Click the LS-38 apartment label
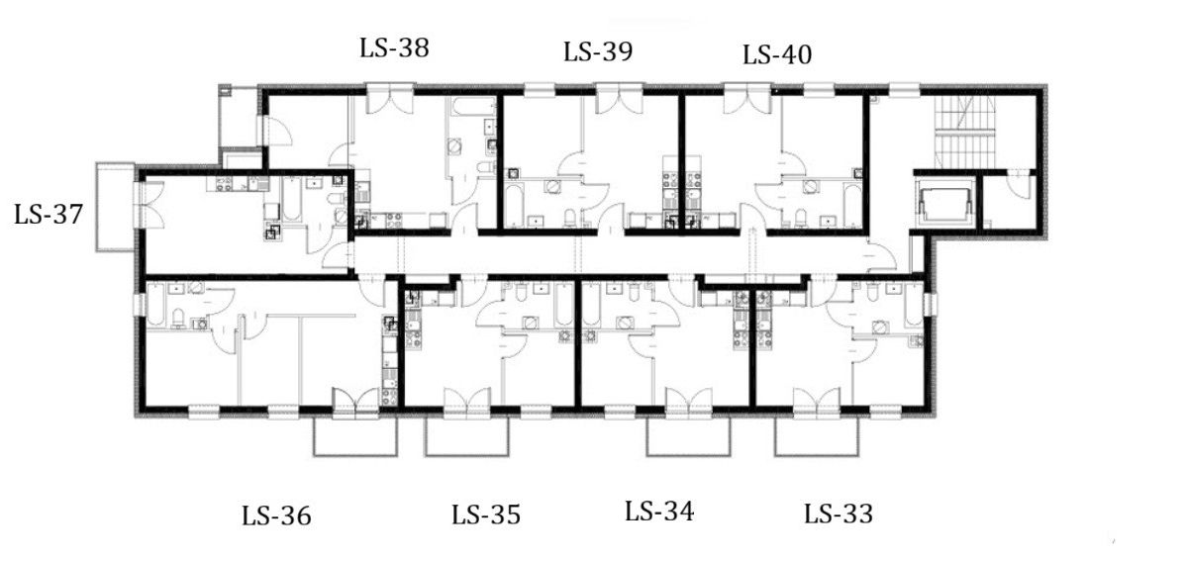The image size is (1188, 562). (394, 48)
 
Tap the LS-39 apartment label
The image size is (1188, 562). (598, 52)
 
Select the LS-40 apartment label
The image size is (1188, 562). (777, 54)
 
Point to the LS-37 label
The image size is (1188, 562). (49, 215)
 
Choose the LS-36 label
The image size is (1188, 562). (276, 515)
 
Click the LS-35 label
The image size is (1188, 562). (486, 515)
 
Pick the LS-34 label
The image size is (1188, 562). (659, 512)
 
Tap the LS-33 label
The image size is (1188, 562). (839, 514)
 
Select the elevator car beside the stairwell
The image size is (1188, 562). (945, 204)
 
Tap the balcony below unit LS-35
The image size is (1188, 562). (466, 435)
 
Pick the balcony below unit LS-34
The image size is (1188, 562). (688, 435)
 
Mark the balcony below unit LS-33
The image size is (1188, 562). (817, 435)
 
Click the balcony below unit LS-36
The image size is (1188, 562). (355, 435)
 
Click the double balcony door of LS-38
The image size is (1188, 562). (390, 99)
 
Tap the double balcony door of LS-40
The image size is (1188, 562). (747, 99)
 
